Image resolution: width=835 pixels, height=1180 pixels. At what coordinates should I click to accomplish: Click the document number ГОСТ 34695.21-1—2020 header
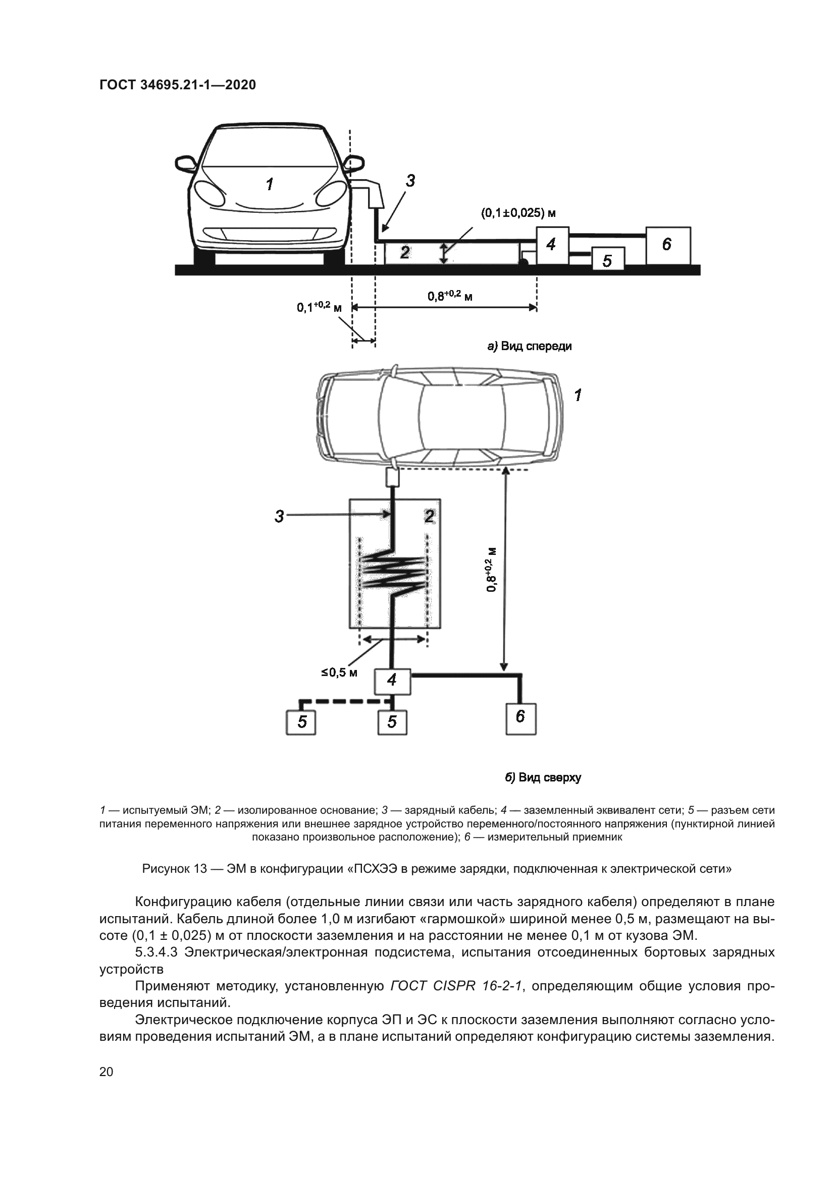point(177,85)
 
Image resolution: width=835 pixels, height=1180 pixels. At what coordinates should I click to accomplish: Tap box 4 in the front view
point(552,245)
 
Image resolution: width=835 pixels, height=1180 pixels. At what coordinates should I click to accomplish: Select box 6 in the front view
point(668,245)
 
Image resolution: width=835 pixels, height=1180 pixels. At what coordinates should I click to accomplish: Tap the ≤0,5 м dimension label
point(339,672)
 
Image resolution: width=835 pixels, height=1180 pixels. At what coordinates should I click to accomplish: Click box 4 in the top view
point(392,681)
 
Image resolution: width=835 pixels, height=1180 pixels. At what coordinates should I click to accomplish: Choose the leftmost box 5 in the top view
point(301,722)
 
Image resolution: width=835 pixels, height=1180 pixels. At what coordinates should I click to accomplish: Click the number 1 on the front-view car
point(270,184)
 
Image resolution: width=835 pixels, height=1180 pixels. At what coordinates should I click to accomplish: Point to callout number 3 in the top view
point(279,516)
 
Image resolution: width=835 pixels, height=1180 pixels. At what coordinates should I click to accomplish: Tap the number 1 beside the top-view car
point(578,395)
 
